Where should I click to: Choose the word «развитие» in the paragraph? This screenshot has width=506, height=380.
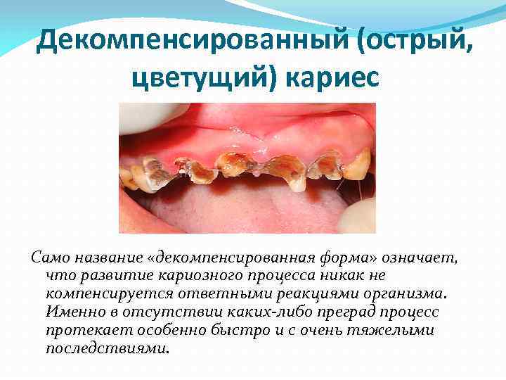[x=104, y=275]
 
